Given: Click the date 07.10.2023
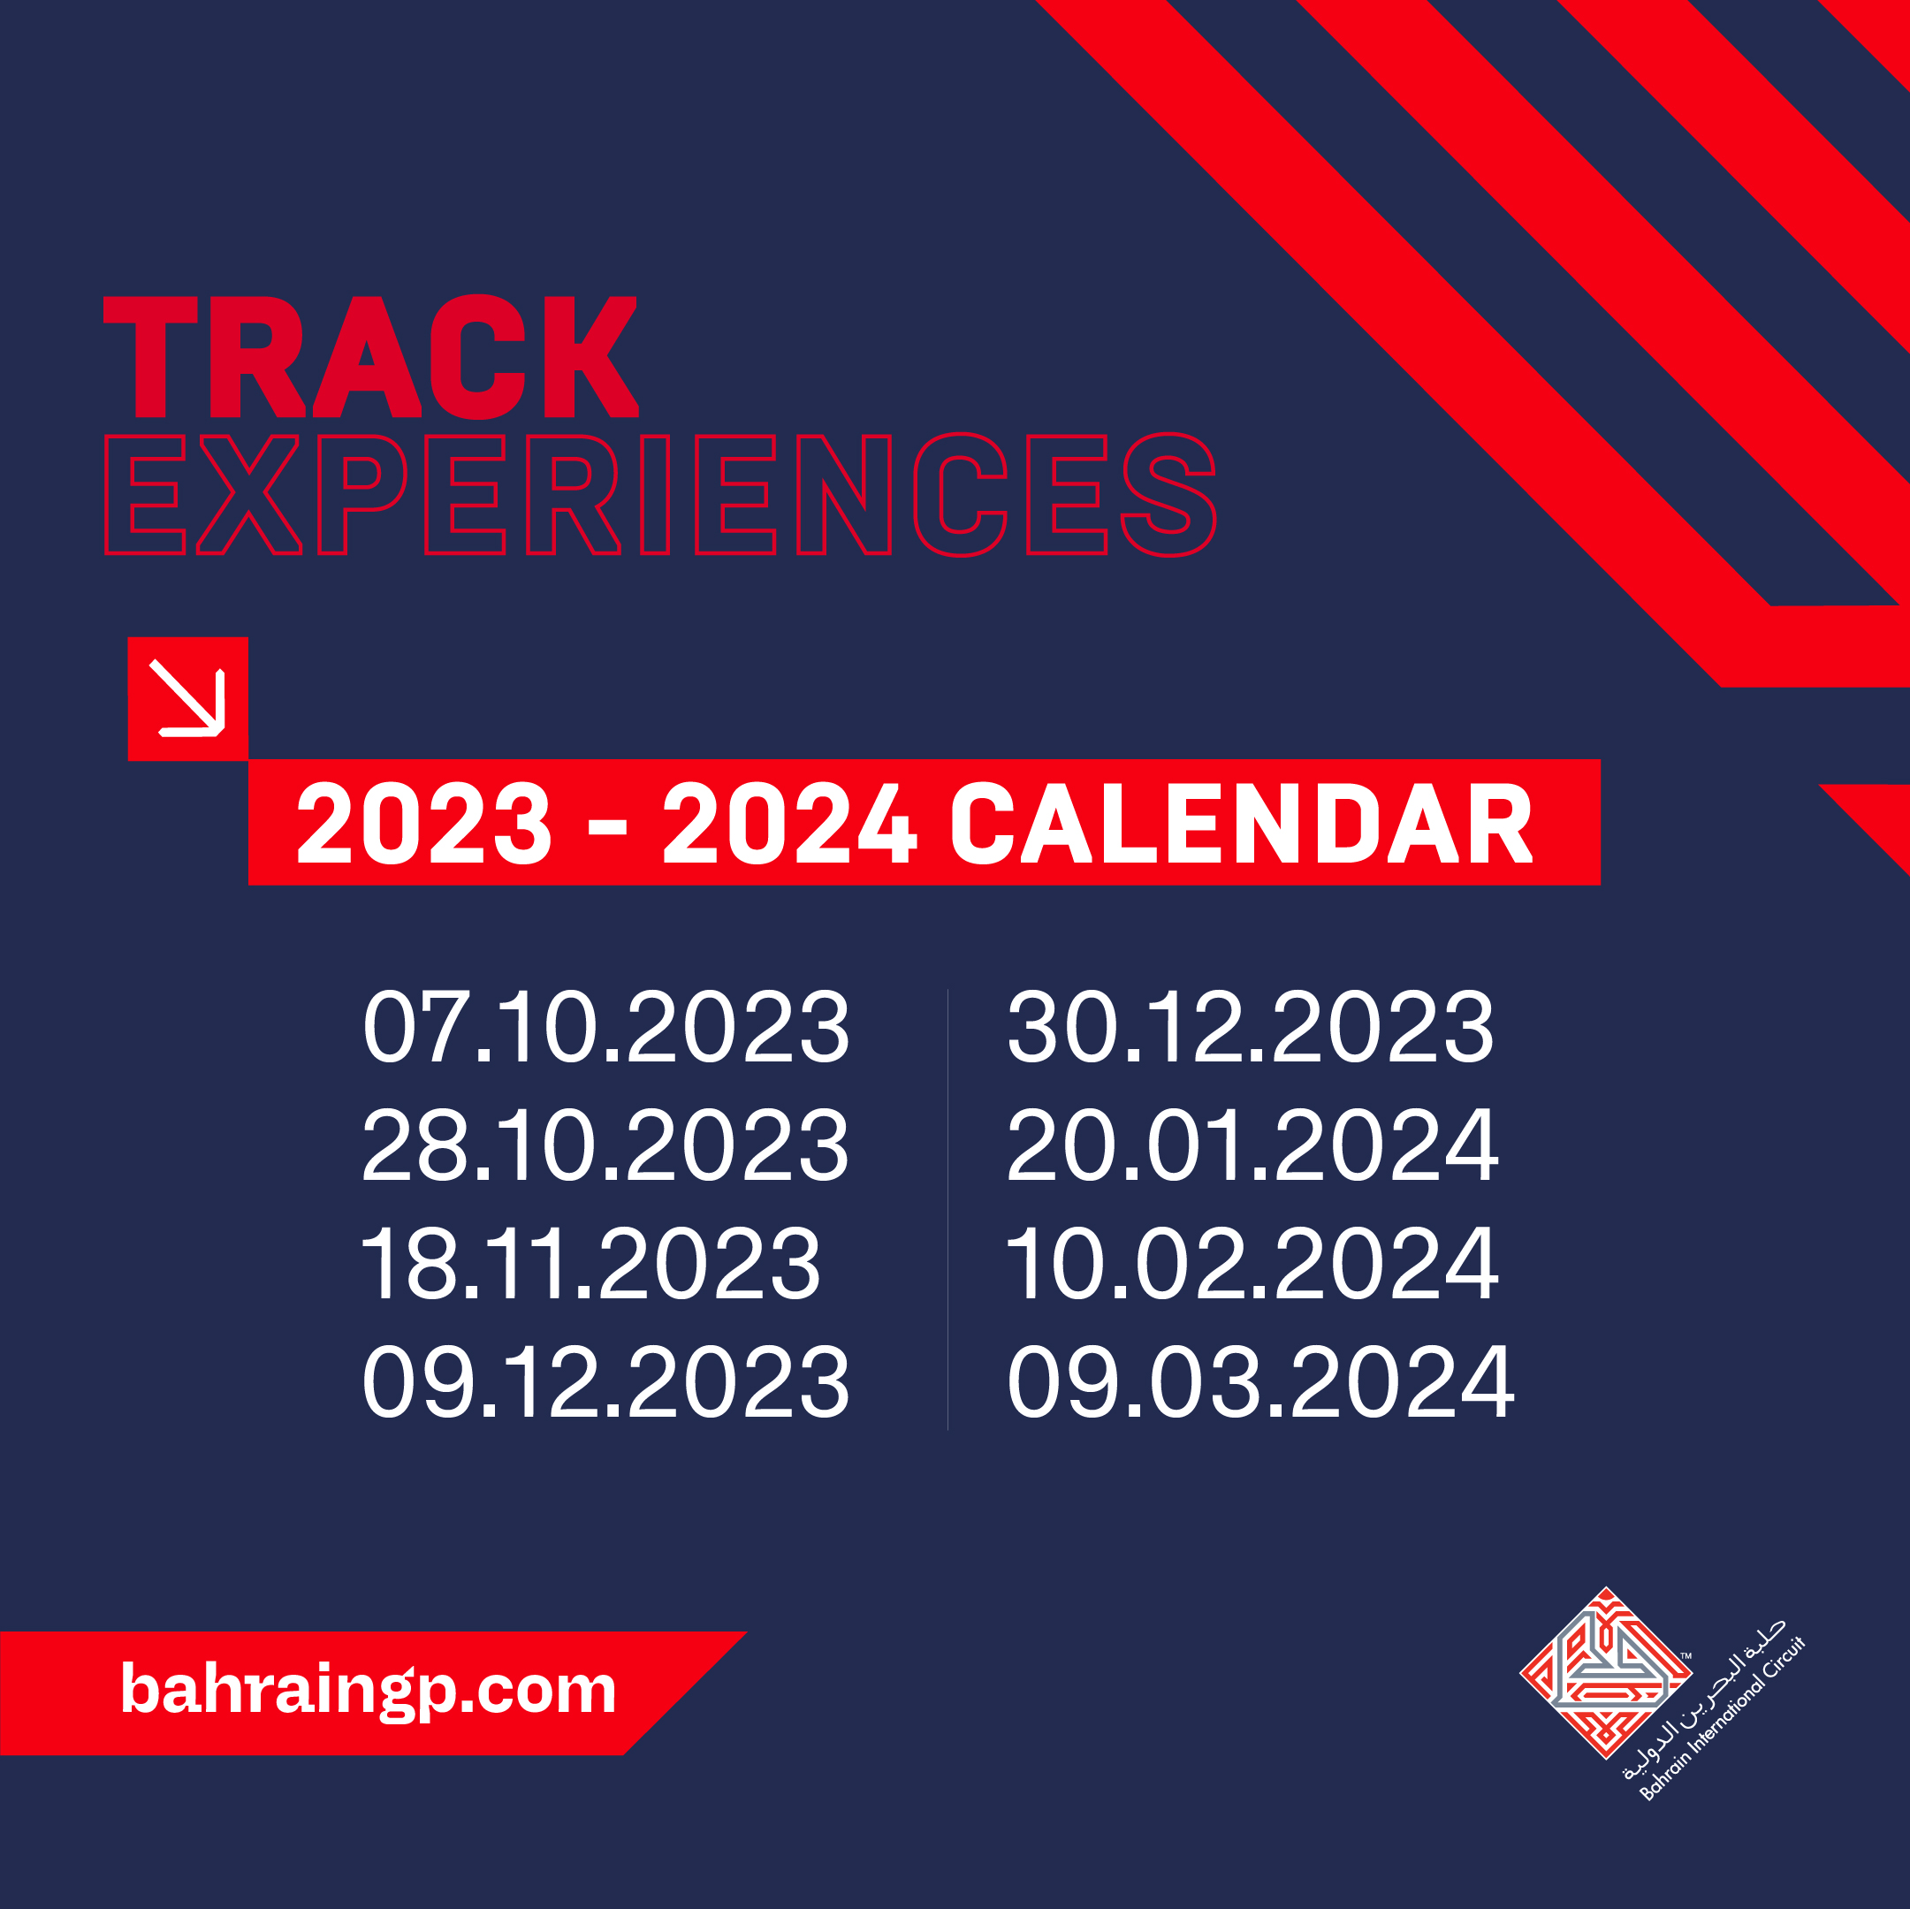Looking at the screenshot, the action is (605, 1027).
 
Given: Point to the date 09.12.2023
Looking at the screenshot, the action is (605, 1381).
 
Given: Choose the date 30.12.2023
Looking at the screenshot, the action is (1250, 1027).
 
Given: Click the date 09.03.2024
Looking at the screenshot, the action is (1259, 1381).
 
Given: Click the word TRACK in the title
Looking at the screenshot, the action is (370, 356).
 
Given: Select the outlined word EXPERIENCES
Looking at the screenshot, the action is (660, 494).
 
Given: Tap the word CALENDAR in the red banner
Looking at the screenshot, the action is (1242, 824).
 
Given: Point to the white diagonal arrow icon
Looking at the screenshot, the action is (188, 699).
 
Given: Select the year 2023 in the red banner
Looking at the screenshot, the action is (424, 824).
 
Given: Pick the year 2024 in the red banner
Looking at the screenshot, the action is (790, 824).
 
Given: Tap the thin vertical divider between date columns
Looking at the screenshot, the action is (947, 1209).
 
